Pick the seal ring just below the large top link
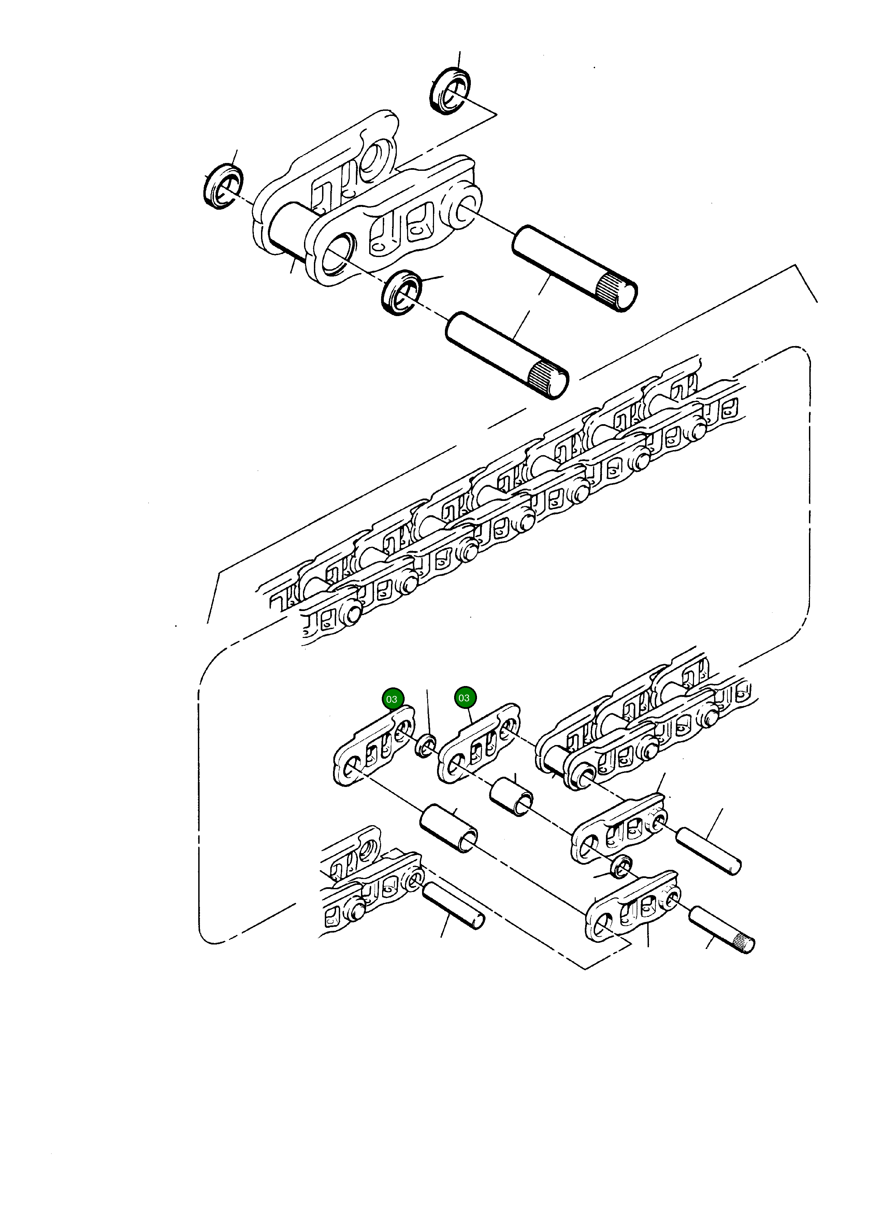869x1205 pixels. pyautogui.click(x=402, y=292)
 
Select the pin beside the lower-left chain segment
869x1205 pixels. pyautogui.click(x=453, y=905)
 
